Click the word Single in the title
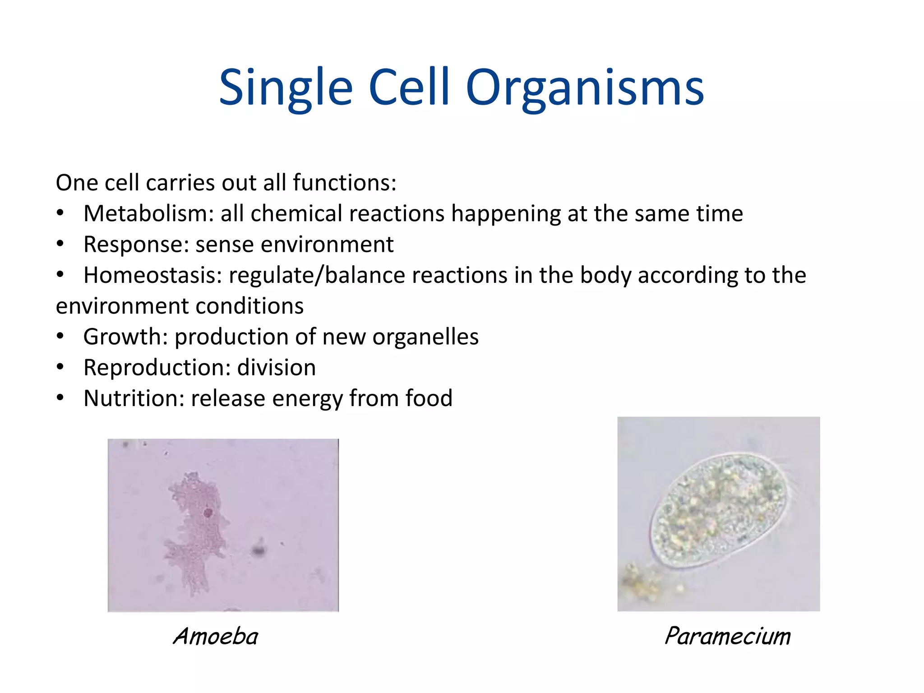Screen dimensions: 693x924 pos(286,88)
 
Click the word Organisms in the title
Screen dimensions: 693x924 pos(585,88)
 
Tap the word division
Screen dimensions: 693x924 pos(276,368)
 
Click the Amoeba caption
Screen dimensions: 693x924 pos(216,637)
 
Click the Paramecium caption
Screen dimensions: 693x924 pos(727,637)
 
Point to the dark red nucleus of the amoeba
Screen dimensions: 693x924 pos(208,513)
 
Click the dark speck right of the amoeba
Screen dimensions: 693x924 pos(259,550)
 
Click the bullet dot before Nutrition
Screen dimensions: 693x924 pos(60,398)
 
